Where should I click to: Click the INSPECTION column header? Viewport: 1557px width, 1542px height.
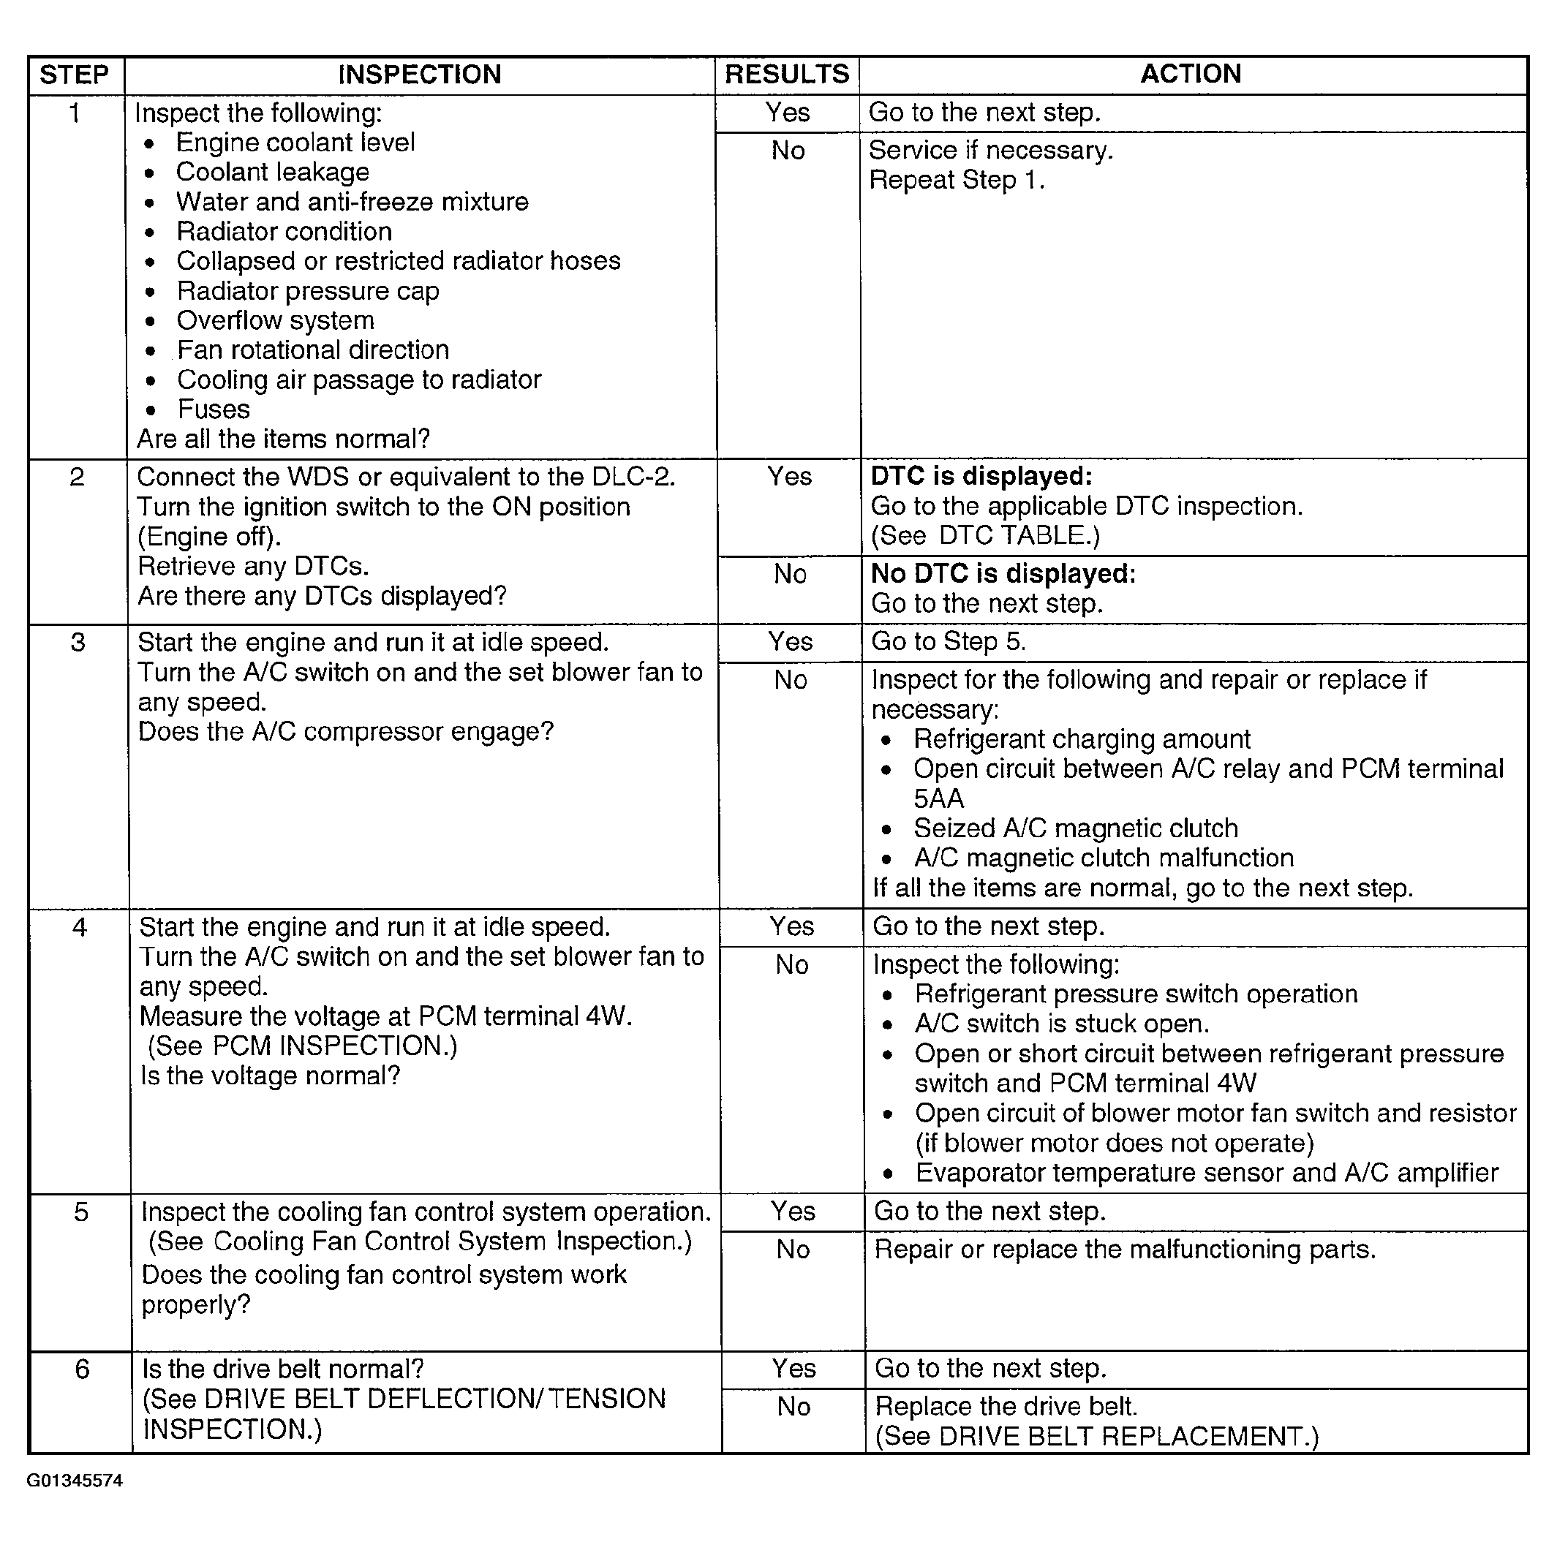[419, 75]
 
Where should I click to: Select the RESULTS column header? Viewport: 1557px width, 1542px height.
[787, 75]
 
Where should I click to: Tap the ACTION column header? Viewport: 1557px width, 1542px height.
[1191, 74]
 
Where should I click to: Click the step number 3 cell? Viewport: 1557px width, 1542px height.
[78, 643]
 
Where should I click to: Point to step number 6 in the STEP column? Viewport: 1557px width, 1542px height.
[81, 1369]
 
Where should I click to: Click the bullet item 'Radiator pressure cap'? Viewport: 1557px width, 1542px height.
[308, 291]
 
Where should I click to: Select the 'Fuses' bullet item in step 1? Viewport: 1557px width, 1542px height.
[214, 409]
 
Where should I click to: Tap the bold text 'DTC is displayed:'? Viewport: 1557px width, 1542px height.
[981, 476]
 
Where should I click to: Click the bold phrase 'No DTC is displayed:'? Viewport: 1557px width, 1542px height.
[1003, 574]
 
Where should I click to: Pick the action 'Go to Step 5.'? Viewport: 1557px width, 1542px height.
[949, 641]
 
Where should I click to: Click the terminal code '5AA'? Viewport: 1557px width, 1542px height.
[939, 798]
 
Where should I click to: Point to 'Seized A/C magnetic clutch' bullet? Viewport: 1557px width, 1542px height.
[1075, 828]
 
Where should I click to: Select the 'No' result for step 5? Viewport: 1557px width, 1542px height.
[793, 1250]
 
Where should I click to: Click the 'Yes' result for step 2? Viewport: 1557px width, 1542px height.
[790, 476]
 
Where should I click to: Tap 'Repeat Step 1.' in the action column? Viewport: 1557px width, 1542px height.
[957, 181]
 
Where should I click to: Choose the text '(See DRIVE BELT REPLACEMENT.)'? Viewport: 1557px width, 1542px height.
[1096, 1437]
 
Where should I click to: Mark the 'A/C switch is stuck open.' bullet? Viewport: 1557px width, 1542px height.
[1061, 1024]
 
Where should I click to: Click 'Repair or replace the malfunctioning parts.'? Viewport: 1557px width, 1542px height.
[1125, 1250]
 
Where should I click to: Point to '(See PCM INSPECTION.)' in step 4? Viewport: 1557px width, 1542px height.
[302, 1046]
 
